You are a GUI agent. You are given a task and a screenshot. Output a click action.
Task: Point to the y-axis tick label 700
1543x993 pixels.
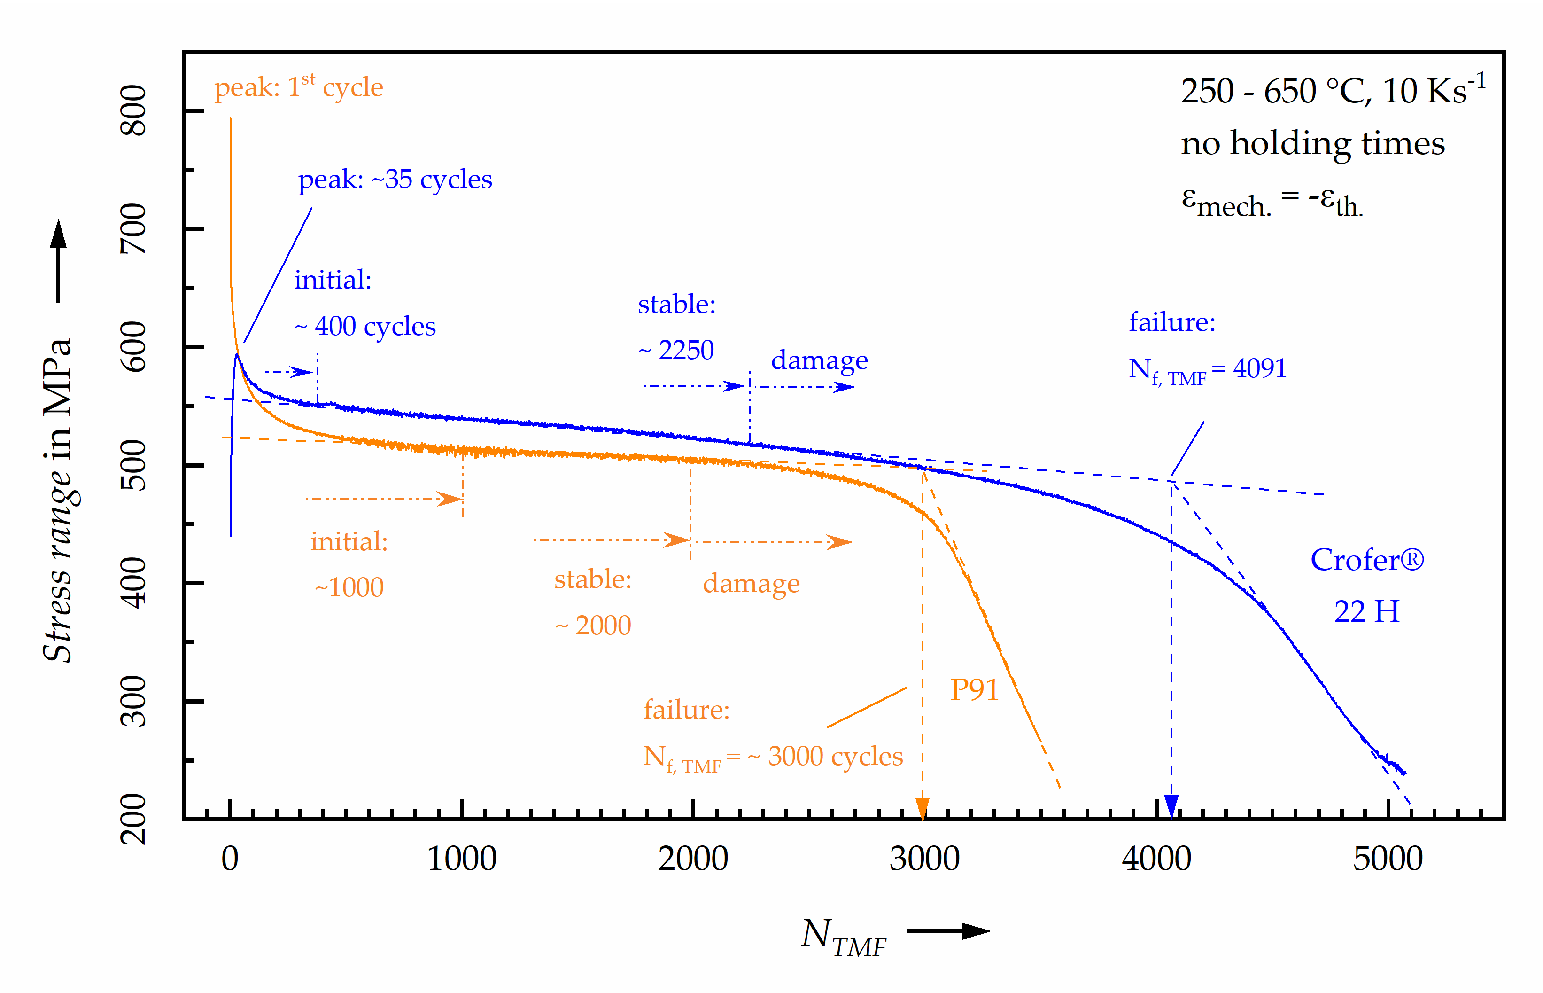click(x=133, y=228)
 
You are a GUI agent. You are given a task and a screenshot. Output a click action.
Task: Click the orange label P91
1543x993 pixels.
click(x=974, y=690)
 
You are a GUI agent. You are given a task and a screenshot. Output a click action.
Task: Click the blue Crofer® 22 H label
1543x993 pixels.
click(x=1366, y=585)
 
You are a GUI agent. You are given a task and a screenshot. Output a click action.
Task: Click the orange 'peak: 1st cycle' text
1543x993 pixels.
click(x=298, y=87)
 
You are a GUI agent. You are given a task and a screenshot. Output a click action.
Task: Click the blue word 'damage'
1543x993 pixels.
click(x=819, y=360)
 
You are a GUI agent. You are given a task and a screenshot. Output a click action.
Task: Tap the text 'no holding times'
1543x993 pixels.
click(x=1312, y=143)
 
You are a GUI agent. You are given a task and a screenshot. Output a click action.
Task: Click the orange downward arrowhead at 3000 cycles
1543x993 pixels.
click(x=923, y=808)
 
